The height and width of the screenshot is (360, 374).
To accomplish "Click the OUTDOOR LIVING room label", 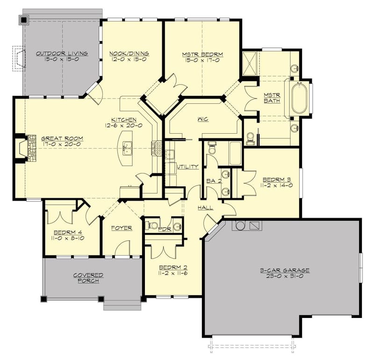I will (62, 53).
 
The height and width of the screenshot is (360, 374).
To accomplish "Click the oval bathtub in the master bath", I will (299, 98).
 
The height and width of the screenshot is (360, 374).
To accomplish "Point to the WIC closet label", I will (202, 119).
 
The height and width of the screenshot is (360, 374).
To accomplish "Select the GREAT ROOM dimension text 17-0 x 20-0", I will (62, 144).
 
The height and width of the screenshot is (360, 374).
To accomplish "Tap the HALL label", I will (205, 207).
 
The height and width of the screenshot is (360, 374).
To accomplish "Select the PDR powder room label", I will (164, 229).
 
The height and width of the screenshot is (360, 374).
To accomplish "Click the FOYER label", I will (121, 228).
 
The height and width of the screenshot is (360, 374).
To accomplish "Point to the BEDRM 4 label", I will (68, 232).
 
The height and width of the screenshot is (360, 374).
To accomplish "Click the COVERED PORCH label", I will (88, 278).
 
